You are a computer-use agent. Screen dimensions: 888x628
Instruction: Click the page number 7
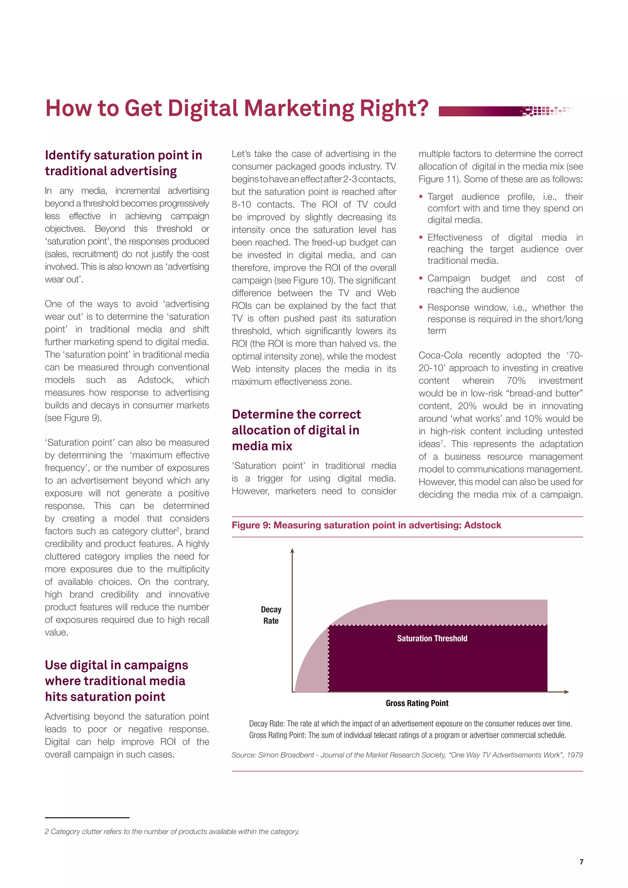[x=581, y=862]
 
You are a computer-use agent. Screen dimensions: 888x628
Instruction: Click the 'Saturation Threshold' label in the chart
[x=432, y=638]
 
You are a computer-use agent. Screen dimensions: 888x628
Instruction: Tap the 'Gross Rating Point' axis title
[x=417, y=703]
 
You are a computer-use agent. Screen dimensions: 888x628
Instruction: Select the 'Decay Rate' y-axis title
[x=271, y=615]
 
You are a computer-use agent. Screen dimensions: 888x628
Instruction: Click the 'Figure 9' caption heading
[x=366, y=525]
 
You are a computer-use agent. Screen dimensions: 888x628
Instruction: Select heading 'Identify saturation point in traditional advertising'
[x=123, y=163]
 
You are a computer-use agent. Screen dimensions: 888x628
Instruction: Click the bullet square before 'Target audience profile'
[x=421, y=197]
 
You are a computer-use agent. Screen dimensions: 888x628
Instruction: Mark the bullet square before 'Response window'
[x=421, y=308]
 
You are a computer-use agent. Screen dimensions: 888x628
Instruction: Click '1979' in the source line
[x=575, y=755]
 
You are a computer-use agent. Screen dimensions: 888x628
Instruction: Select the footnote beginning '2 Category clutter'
[x=172, y=832]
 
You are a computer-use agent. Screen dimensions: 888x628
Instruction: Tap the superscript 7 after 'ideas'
[x=442, y=441]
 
